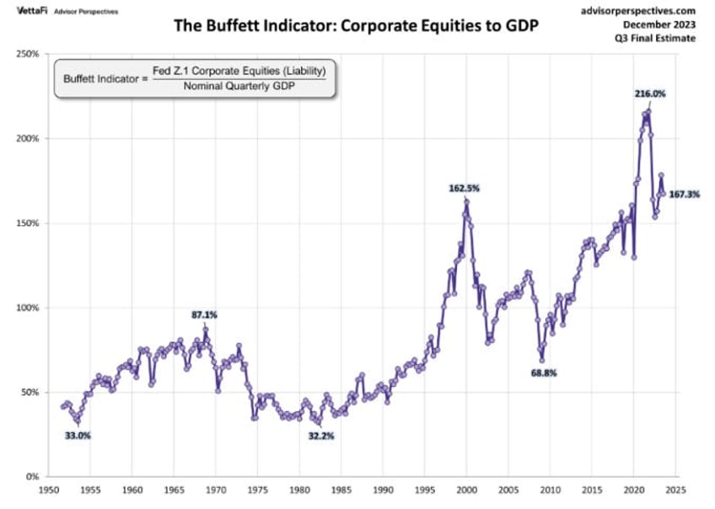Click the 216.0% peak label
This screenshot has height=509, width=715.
click(649, 94)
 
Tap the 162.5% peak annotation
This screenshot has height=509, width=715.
click(464, 189)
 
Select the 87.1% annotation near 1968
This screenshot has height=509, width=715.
click(204, 314)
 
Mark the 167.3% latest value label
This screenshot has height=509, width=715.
click(684, 194)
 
